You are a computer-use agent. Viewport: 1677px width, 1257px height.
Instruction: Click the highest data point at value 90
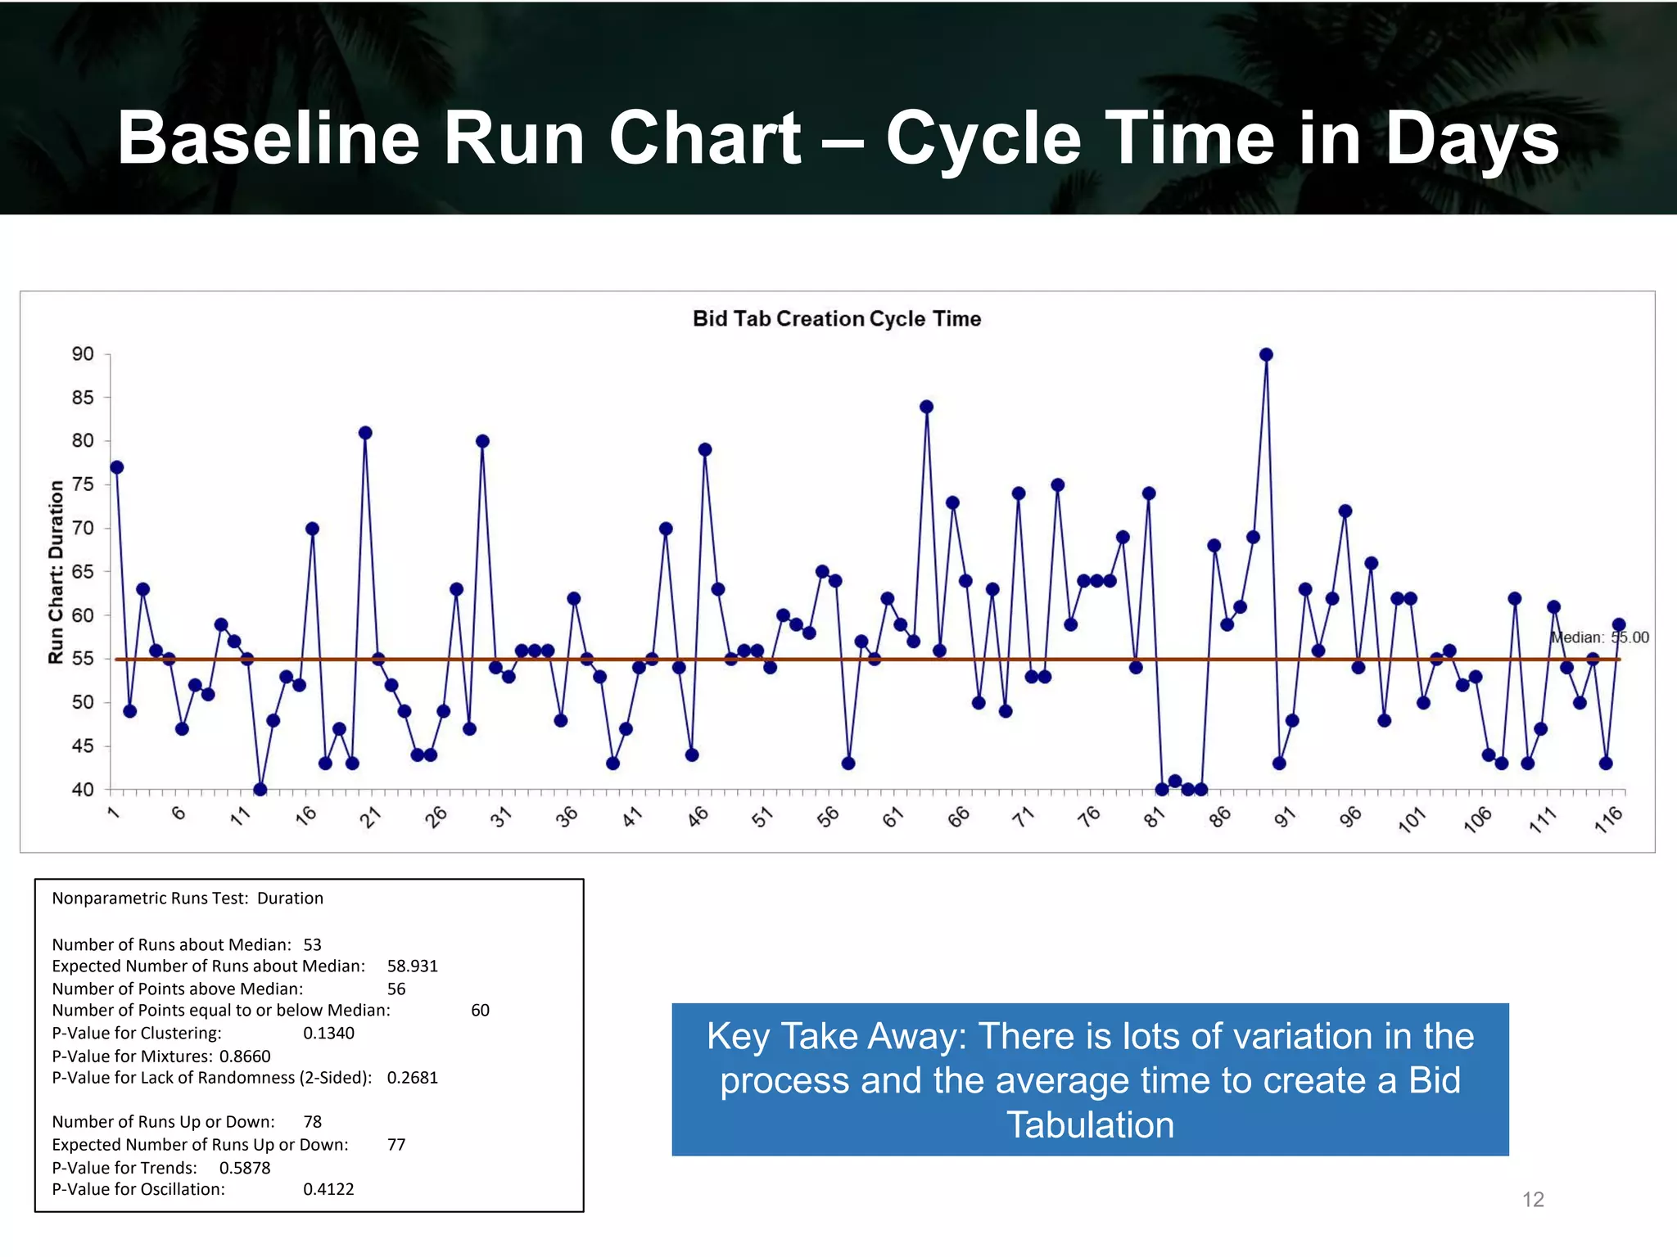point(1266,354)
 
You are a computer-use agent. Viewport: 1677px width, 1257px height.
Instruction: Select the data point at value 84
point(926,407)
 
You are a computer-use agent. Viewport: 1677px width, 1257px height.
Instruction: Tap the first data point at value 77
point(117,467)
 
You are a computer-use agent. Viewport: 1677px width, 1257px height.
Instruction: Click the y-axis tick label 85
point(83,398)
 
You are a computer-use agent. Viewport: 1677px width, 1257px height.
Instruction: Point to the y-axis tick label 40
point(83,790)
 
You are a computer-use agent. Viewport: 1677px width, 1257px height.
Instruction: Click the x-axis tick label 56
point(828,817)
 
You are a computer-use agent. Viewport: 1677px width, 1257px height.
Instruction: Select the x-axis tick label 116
point(1608,819)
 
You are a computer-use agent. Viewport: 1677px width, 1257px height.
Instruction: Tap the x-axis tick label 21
point(371,817)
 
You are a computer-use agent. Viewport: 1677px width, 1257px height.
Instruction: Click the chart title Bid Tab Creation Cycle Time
point(836,318)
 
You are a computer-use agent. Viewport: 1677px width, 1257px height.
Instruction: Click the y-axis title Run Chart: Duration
point(56,571)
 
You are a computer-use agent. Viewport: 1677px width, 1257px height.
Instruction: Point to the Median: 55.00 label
point(1599,638)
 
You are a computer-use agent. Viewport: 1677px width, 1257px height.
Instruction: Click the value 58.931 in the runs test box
point(412,966)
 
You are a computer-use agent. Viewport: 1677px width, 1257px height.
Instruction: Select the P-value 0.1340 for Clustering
point(328,1033)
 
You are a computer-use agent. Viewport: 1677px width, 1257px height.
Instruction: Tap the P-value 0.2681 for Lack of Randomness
point(412,1078)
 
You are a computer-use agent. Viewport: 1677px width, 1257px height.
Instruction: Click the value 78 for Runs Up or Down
point(312,1122)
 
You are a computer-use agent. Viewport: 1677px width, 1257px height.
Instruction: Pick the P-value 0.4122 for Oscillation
point(328,1189)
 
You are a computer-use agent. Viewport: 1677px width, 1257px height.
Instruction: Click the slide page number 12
point(1532,1200)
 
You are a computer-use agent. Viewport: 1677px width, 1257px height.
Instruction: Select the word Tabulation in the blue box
point(1090,1125)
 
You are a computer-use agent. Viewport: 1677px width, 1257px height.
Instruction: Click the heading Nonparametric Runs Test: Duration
point(188,899)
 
